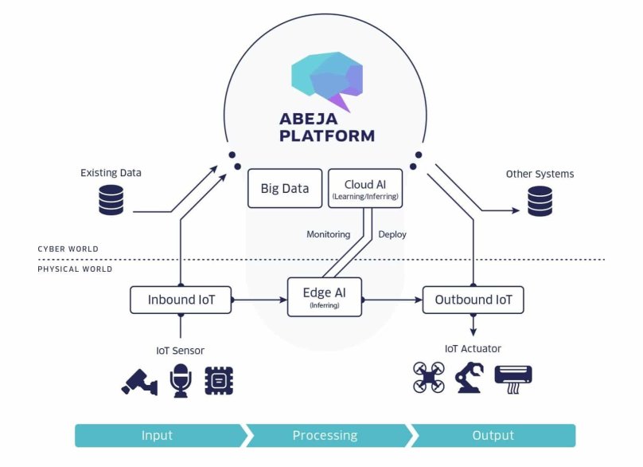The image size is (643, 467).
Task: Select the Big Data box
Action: point(285,189)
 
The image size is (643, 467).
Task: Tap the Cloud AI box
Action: point(365,189)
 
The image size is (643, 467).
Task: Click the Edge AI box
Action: point(324,297)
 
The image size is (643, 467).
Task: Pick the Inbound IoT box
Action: point(181,300)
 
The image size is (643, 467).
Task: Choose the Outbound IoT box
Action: point(473,300)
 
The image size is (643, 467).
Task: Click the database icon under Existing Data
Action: point(111,200)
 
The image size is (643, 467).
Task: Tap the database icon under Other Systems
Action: point(540,201)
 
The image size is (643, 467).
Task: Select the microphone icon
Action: point(181,380)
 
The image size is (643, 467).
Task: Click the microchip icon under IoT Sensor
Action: point(219,380)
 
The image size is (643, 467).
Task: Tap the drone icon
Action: point(429,377)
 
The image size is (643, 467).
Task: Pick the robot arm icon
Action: point(470,377)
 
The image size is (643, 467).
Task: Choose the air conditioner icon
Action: point(513,376)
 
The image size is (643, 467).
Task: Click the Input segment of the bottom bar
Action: point(158,435)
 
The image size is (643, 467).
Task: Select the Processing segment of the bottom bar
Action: point(325,435)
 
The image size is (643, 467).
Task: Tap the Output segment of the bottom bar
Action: point(493,435)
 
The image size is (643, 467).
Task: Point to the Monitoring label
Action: point(328,234)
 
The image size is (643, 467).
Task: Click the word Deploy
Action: point(392,234)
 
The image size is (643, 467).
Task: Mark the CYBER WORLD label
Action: point(68,249)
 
